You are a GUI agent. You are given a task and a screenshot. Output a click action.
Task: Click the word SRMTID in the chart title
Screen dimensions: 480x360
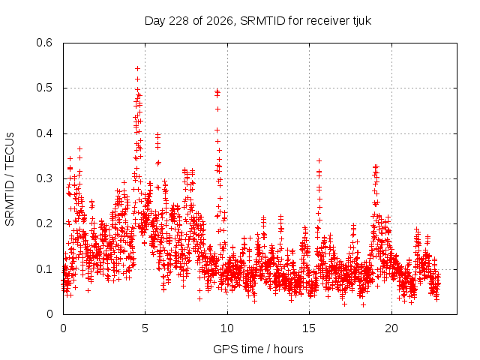262,21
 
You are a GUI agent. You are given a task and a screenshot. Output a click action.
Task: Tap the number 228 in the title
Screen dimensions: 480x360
178,21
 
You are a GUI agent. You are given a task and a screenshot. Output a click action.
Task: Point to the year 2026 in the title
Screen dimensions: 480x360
220,21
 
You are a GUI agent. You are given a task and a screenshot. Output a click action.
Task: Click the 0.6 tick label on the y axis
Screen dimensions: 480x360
44,43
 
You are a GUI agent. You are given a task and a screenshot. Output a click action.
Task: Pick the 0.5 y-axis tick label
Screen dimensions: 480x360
44,88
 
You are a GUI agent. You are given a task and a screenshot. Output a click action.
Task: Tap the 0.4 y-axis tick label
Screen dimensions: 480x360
44,133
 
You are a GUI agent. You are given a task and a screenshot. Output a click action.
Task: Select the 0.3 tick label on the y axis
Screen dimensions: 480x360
44,178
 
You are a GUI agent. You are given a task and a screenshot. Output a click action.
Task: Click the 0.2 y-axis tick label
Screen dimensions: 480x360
44,223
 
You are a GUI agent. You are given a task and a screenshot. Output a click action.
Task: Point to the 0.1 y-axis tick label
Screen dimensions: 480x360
44,269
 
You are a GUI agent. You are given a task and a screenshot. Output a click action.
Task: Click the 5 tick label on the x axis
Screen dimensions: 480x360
145,328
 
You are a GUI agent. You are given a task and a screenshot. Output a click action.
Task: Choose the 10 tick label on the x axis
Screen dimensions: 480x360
227,328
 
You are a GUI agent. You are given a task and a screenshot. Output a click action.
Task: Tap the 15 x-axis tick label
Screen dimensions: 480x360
309,328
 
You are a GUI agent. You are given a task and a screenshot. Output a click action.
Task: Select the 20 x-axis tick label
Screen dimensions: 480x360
391,328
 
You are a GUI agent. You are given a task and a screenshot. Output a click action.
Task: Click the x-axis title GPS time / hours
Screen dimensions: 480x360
258,349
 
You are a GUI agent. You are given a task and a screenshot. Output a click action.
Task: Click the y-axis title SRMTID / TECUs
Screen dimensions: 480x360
10,179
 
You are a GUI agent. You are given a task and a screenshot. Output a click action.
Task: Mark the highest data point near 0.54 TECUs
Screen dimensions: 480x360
138,68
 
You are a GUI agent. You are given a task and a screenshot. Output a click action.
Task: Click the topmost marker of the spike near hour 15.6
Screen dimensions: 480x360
319,160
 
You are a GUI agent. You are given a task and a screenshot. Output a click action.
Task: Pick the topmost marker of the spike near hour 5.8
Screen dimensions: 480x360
158,134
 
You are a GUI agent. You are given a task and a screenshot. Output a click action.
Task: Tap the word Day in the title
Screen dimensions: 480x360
155,21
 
